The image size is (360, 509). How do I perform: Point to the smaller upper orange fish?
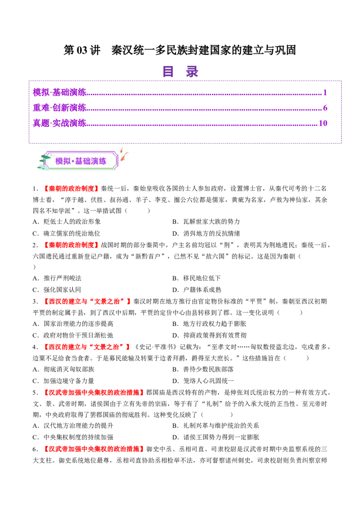pyautogui.click(x=120, y=149)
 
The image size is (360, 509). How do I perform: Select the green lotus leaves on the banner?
pyautogui.click(x=44, y=161)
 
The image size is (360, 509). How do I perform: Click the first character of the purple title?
pyautogui.click(x=168, y=71)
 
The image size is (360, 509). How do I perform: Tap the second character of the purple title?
pyautogui.click(x=192, y=71)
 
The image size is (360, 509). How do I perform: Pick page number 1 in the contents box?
pyautogui.click(x=325, y=92)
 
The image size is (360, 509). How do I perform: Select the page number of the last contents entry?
pyautogui.click(x=323, y=123)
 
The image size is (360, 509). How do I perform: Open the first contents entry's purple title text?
pyautogui.click(x=59, y=92)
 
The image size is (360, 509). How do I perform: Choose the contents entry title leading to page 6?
pyautogui.click(x=59, y=107)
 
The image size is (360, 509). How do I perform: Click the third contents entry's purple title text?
pyautogui.click(x=59, y=123)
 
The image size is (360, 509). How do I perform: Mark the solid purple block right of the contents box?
pyautogui.click(x=351, y=112)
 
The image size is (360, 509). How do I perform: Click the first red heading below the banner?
pyautogui.click(x=72, y=189)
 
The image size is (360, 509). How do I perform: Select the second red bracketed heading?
pyautogui.click(x=72, y=245)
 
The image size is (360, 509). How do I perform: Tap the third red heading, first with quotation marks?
pyautogui.click(x=87, y=301)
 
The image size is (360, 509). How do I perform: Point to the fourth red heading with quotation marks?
pyautogui.click(x=86, y=347)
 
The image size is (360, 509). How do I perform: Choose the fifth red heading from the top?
pyautogui.click(x=94, y=392)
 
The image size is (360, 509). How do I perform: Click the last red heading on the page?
pyautogui.click(x=94, y=448)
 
